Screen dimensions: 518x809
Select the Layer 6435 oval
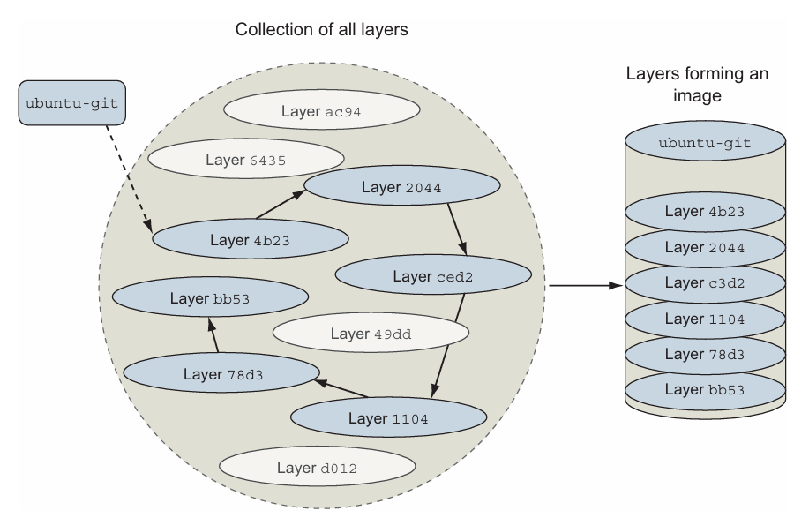coord(244,160)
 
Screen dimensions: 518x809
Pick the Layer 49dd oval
coord(370,334)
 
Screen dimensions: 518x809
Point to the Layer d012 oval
coord(318,466)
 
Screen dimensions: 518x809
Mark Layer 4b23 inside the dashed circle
coord(248,238)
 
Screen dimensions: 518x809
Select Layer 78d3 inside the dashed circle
coord(221,373)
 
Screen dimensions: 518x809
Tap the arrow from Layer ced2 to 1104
coord(448,344)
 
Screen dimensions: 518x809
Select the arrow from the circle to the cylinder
coord(586,286)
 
